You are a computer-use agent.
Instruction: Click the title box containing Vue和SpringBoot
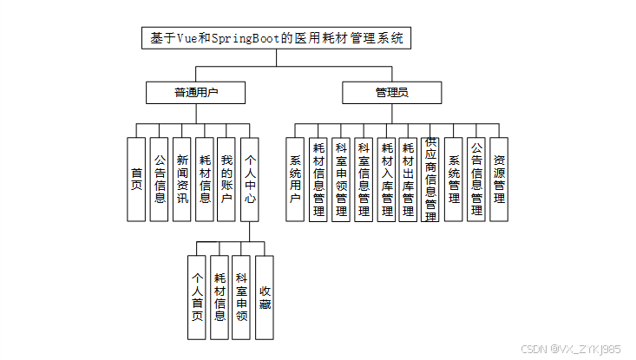pos(276,39)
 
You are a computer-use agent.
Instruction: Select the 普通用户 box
pos(196,93)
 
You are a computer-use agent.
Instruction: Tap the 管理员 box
pos(391,93)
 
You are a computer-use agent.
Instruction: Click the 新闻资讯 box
pos(181,179)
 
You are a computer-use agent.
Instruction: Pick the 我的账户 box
pos(226,179)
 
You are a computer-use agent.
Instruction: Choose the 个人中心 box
pos(249,179)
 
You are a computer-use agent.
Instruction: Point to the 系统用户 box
pos(295,179)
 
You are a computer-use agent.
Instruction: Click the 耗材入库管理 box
pos(386,180)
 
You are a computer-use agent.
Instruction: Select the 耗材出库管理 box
pos(409,180)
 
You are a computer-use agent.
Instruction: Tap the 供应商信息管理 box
pos(431,180)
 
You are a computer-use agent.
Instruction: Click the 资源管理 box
pos(499,179)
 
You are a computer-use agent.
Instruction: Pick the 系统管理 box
pos(454,179)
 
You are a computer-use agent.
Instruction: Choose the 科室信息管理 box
pos(364,180)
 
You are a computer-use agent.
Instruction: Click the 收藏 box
pos(265,297)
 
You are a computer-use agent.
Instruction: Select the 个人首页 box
pos(197,297)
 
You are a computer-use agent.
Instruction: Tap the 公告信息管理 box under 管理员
pos(476,180)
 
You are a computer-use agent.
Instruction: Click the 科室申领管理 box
pos(341,180)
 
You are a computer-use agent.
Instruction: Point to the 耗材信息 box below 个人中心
pos(220,297)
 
